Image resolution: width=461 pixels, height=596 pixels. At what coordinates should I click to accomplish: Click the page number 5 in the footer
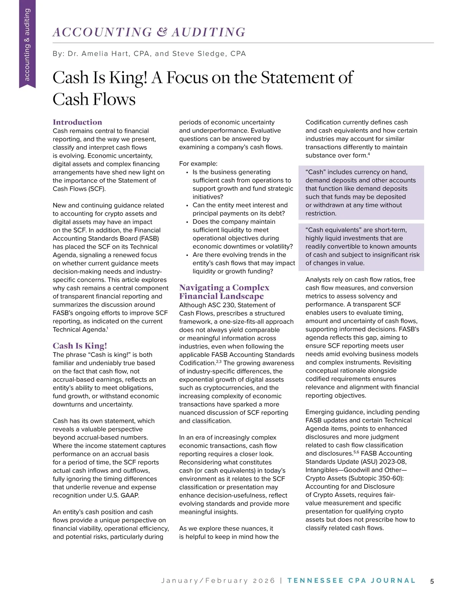tap(432, 581)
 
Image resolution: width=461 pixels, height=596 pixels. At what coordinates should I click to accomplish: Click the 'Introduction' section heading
tap(77, 122)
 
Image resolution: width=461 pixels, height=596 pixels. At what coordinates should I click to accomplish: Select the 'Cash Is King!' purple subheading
tap(80, 345)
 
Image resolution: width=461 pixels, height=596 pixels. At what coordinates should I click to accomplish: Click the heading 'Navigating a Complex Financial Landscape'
tap(224, 292)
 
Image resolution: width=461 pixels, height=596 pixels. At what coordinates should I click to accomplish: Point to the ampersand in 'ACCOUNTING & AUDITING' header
tap(162, 32)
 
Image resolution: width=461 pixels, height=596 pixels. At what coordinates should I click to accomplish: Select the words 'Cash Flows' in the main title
tap(94, 99)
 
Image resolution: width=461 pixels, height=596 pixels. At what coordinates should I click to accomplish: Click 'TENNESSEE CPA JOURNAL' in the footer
tap(351, 581)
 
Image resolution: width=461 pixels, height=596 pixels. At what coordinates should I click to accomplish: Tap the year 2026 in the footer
tap(264, 581)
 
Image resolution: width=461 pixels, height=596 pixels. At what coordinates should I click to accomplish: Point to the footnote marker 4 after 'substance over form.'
tap(369, 154)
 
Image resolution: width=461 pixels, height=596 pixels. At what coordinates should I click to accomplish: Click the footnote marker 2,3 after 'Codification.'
tap(219, 361)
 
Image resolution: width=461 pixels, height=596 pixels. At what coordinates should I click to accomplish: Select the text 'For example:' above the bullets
tap(198, 163)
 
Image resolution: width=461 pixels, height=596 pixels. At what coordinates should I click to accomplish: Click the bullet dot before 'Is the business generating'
tap(187, 173)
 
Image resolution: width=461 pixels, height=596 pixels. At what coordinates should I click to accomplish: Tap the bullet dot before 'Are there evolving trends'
tap(187, 255)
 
